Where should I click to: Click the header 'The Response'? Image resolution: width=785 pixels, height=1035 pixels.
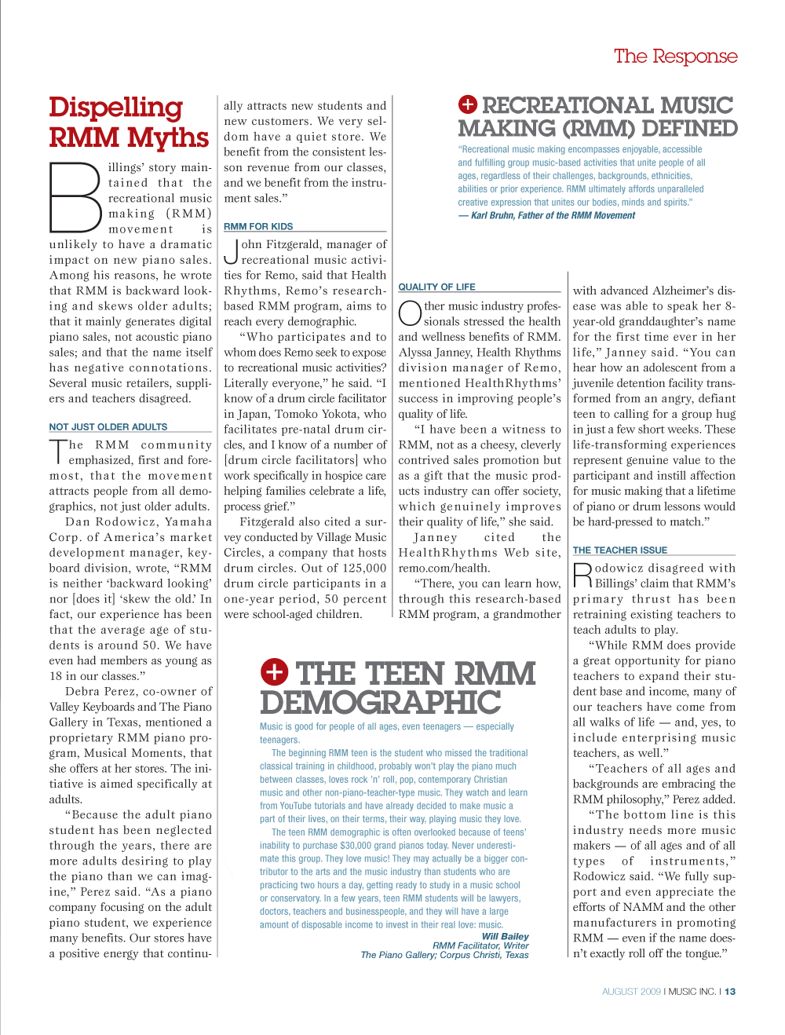(x=675, y=57)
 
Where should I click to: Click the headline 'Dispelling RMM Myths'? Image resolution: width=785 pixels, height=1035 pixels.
(x=128, y=123)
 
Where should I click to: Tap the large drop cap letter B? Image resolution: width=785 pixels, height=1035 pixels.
(x=76, y=196)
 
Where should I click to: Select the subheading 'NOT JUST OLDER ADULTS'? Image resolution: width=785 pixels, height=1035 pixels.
(x=108, y=427)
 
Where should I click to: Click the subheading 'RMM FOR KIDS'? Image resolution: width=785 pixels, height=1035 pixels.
(x=258, y=227)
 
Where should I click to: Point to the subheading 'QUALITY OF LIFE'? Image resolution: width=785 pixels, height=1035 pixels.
(x=437, y=287)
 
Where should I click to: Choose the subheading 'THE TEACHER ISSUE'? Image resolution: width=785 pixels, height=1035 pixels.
(x=620, y=550)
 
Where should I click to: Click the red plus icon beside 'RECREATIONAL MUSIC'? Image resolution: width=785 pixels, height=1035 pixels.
(x=468, y=104)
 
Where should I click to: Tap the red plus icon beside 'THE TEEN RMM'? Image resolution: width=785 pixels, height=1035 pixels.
(x=275, y=672)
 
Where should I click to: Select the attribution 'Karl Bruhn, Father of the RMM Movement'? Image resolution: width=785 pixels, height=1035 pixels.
(x=553, y=216)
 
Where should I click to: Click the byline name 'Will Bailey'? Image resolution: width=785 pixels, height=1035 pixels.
(x=505, y=936)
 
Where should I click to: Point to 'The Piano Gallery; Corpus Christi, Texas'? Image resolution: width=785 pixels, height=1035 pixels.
(x=444, y=955)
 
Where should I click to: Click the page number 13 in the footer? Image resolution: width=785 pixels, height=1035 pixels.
(x=730, y=992)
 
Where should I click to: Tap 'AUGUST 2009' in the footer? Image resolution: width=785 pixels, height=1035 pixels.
(x=631, y=992)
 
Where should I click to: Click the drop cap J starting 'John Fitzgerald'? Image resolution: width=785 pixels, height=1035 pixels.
(x=231, y=251)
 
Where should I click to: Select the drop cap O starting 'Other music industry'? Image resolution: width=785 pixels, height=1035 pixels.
(x=410, y=313)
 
